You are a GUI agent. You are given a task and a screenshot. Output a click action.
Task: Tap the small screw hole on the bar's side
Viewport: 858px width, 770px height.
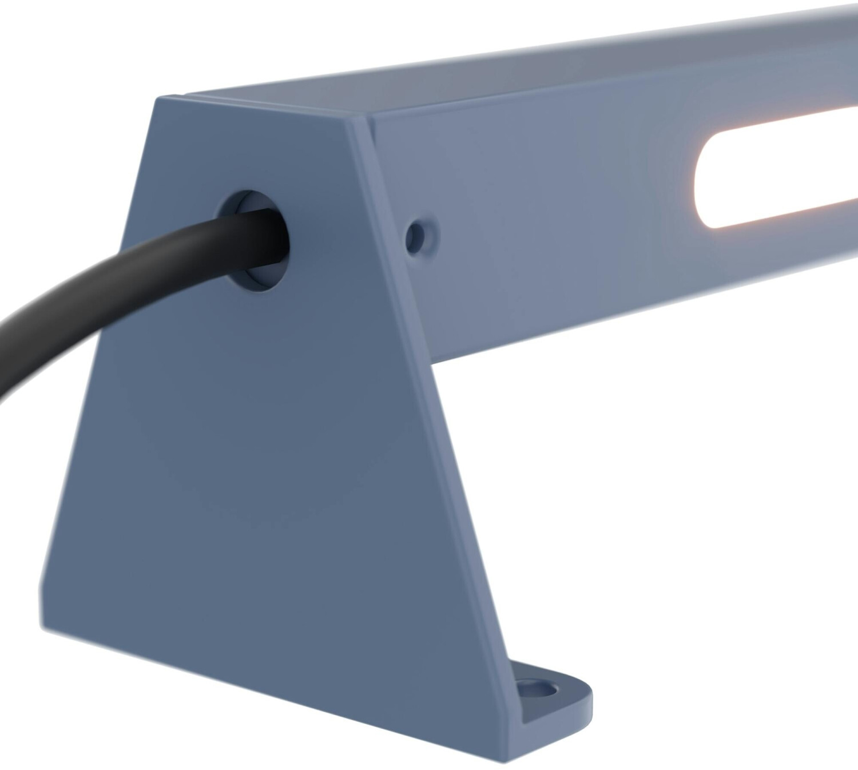click(x=422, y=233)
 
